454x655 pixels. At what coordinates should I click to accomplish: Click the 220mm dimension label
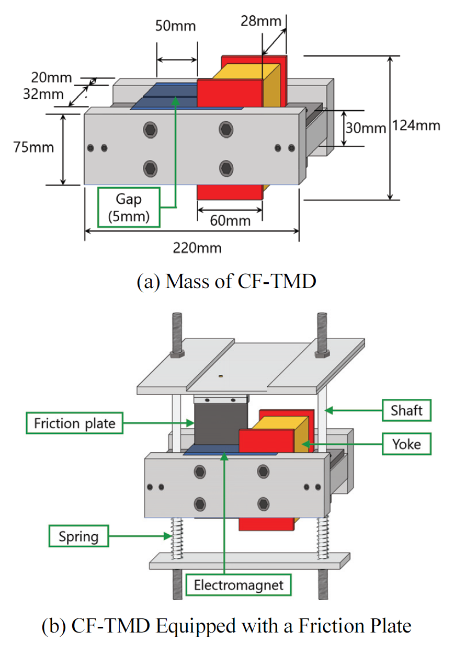pos(197,248)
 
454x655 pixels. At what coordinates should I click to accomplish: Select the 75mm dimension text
pos(33,148)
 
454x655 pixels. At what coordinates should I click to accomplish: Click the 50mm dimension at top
pos(176,26)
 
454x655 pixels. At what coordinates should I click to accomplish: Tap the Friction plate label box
pos(74,423)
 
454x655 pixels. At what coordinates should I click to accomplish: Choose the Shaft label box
pos(406,410)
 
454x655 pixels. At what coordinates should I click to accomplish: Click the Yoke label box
pos(406,444)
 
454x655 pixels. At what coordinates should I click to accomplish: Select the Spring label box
pos(78,536)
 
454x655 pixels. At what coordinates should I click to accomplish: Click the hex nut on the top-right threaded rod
pos(320,354)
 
